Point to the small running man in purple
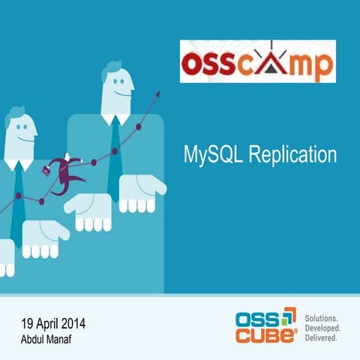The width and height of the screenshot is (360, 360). [67, 169]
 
